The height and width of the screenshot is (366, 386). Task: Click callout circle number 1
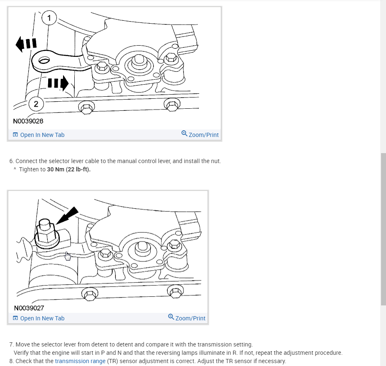coord(49,18)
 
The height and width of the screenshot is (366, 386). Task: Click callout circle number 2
coord(36,104)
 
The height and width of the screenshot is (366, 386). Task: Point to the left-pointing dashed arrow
coord(26,44)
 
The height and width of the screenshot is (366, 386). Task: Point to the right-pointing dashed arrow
coord(58,83)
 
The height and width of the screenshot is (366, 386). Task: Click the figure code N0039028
coord(28,121)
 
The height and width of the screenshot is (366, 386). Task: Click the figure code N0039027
coord(29,308)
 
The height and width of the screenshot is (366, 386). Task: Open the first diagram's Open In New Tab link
coord(39,135)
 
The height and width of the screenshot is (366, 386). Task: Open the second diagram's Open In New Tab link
coord(39,318)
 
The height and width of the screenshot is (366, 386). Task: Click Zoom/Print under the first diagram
coord(200,134)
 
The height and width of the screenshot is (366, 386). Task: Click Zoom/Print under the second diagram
coord(187,318)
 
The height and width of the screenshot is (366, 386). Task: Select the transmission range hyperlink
coord(80,361)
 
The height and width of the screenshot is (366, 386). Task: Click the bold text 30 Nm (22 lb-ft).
coord(68,169)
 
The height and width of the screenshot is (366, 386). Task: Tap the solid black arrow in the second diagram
coord(67,215)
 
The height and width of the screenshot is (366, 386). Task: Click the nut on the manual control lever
coord(47,233)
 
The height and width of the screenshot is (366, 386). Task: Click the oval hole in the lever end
coord(44,60)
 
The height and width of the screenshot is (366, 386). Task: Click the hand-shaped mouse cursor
coord(68,256)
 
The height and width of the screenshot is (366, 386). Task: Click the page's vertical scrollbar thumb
coord(383,229)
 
